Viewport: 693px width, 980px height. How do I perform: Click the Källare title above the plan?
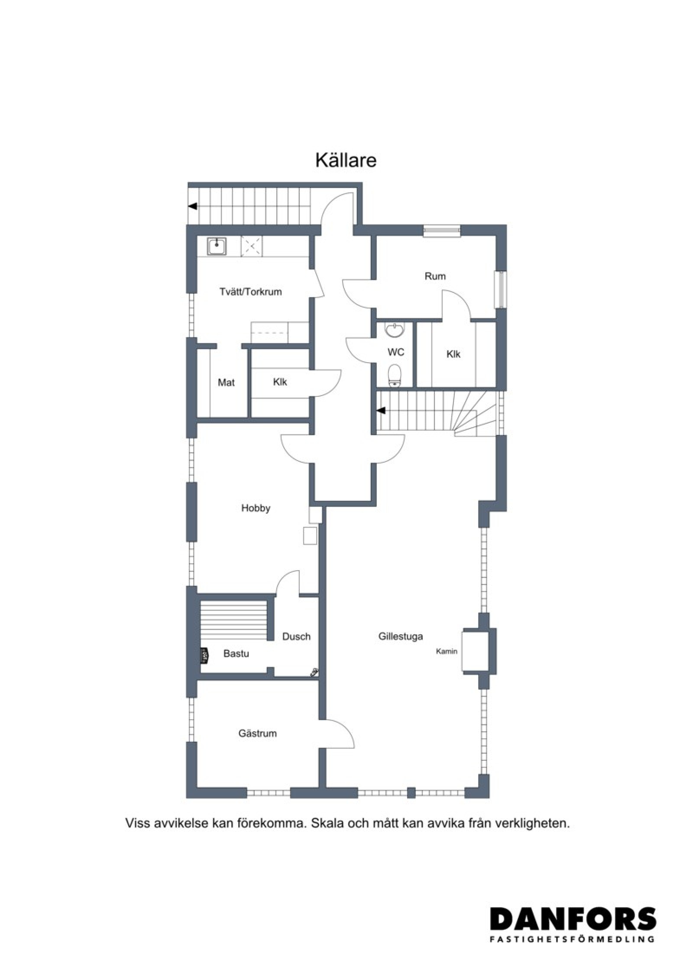(x=346, y=160)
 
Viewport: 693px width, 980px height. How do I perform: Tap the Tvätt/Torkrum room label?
(x=250, y=292)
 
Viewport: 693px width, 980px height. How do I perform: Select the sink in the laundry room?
(x=216, y=246)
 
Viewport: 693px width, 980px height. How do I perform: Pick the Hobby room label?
(x=256, y=508)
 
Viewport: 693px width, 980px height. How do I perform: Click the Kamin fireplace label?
(x=447, y=651)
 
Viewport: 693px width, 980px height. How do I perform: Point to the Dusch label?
(x=296, y=636)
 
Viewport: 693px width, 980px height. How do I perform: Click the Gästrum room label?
(x=257, y=733)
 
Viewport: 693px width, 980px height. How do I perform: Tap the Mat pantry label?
(x=226, y=383)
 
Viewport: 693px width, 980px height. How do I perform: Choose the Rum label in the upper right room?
(x=435, y=276)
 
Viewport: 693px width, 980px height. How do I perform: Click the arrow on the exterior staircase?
(x=193, y=206)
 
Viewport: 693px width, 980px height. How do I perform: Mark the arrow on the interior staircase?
(x=381, y=410)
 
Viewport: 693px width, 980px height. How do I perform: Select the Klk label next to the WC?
(x=453, y=354)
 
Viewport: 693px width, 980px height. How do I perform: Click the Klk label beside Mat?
(x=280, y=382)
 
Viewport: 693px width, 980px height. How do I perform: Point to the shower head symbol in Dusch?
(x=314, y=672)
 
